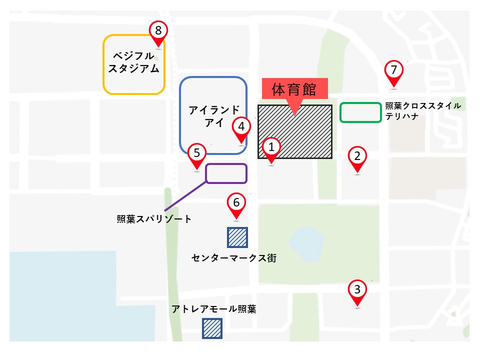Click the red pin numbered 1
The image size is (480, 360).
[271, 148]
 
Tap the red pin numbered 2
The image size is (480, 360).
[357, 157]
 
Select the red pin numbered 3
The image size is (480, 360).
[357, 290]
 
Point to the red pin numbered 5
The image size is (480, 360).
[197, 154]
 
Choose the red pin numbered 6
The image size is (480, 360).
[236, 204]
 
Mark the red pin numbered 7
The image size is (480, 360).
[394, 71]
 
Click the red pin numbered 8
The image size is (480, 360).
[158, 31]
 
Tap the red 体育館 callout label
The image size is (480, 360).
[294, 90]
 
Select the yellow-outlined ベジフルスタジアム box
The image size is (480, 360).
[133, 64]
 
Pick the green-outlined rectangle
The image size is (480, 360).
[360, 112]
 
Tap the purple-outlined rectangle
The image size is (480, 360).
[226, 173]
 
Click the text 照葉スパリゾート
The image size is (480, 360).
[154, 218]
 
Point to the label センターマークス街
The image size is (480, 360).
[233, 258]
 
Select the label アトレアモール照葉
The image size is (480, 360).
[213, 309]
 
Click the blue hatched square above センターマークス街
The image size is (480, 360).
[237, 237]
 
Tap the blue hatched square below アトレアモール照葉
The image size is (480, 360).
[212, 328]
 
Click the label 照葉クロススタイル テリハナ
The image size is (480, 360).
[423, 111]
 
